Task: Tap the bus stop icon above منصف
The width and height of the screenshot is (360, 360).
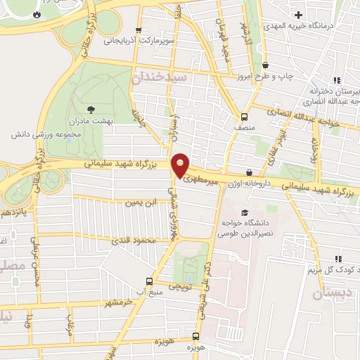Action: [244, 117]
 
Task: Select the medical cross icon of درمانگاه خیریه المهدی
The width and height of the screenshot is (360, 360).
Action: [300, 15]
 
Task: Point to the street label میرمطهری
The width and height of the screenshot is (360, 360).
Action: [202, 179]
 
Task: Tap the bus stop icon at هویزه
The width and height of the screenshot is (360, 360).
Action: [198, 337]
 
